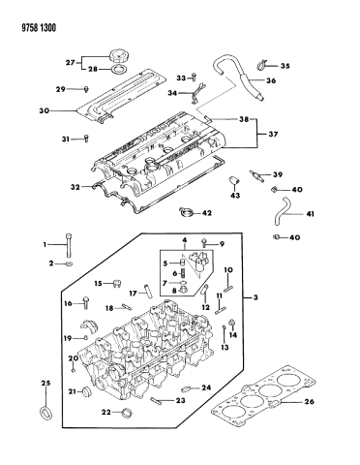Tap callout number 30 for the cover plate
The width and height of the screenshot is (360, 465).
tap(45, 109)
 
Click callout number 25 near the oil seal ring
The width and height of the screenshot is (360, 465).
tap(43, 386)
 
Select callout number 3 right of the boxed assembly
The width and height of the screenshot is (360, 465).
tap(255, 297)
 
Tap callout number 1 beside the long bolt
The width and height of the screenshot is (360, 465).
tap(45, 244)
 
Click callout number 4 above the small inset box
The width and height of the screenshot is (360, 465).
tap(184, 238)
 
